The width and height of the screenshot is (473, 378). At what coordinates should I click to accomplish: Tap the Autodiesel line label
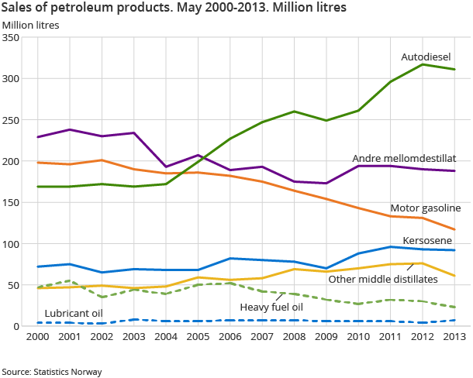[426, 57]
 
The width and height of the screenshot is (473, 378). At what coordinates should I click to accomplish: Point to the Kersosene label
[427, 241]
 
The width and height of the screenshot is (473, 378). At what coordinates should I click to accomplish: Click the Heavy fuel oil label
[271, 308]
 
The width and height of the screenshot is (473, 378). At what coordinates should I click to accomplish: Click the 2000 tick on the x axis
[37, 338]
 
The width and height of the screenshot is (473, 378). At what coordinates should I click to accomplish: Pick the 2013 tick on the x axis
[454, 338]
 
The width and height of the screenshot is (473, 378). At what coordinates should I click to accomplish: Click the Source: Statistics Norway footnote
[52, 372]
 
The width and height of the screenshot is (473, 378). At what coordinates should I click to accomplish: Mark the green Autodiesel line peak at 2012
[423, 64]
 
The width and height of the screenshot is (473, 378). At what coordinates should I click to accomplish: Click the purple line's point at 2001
[70, 129]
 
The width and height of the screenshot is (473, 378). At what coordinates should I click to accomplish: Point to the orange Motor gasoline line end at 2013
[454, 229]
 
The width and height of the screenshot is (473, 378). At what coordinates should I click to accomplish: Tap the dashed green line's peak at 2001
[70, 281]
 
